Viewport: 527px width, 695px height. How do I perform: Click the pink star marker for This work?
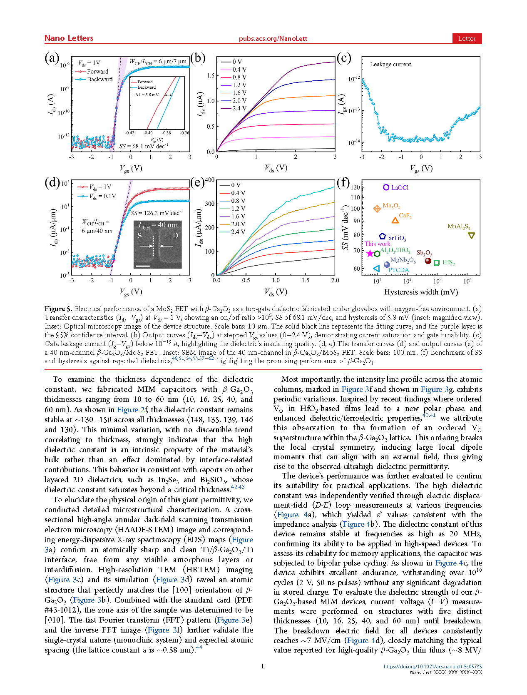pos(370,254)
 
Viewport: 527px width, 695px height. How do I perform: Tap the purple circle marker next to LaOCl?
pos(386,187)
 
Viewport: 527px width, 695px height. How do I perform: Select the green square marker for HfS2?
pos(437,263)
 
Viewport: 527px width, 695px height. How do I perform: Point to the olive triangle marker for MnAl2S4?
pos(471,236)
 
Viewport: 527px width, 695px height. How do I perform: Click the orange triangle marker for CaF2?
pos(395,220)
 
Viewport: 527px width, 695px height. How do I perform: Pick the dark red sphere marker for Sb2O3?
pos(428,261)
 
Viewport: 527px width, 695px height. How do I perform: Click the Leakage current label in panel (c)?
pos(390,64)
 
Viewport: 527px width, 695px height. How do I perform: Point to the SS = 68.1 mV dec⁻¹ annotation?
pos(144,146)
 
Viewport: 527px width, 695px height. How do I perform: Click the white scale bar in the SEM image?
pos(142,266)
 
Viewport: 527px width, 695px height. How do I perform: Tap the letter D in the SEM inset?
pos(175,236)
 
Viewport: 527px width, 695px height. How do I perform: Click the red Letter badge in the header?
pos(467,38)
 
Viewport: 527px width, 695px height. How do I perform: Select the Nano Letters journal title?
pos(69,38)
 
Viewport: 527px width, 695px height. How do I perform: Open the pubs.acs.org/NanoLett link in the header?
pos(273,39)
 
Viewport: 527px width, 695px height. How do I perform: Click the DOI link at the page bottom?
pos(433,666)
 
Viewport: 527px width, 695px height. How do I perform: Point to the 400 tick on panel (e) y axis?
pos(210,180)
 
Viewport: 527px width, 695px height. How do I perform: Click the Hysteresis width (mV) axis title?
pos(421,292)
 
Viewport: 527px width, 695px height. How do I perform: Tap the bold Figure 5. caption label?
pos(58,309)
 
